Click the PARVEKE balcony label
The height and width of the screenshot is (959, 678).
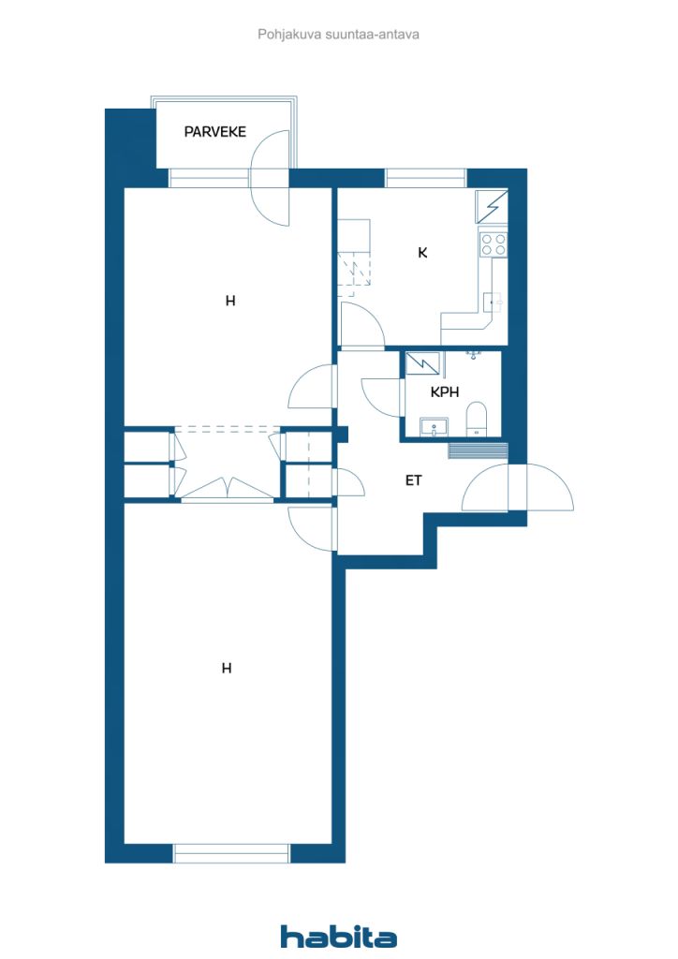[x=215, y=131]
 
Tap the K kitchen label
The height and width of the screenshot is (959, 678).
[x=422, y=253]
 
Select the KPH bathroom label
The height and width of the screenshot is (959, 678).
[x=445, y=392]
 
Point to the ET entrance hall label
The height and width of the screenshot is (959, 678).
[x=413, y=480]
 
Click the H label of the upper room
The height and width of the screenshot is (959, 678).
[x=230, y=301]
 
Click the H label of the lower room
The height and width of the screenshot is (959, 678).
[x=227, y=669]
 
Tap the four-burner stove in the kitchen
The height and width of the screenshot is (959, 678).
[x=494, y=244]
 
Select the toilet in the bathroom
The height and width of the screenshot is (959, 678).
[x=476, y=419]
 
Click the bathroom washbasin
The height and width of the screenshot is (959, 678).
[x=435, y=427]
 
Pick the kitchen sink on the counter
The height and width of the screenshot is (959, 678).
[x=493, y=302]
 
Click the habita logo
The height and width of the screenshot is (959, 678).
[x=338, y=936]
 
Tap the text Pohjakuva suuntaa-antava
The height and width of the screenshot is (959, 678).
[x=338, y=35]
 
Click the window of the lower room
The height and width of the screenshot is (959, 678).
[x=231, y=853]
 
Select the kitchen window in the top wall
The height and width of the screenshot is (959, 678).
[x=425, y=178]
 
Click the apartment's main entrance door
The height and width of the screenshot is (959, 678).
[x=517, y=487]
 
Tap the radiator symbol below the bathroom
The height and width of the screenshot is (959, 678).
[x=479, y=450]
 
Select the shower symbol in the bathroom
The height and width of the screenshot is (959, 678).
[x=422, y=363]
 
